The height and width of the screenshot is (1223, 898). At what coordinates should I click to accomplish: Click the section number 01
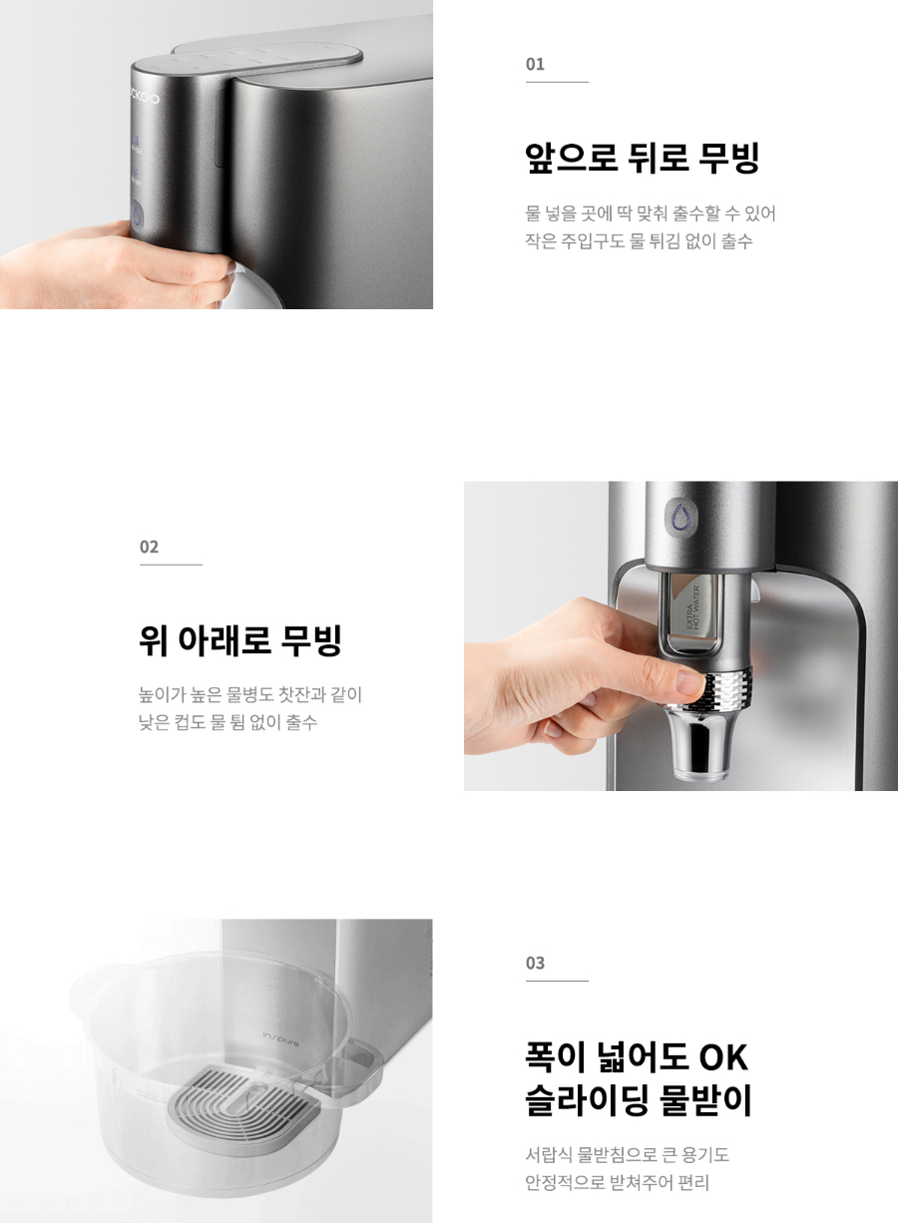pos(535,65)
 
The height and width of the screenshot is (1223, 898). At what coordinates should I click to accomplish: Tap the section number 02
pos(149,547)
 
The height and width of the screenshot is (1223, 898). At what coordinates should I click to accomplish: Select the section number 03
pos(535,963)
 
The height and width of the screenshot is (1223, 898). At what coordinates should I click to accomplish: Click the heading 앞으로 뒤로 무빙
pos(643,158)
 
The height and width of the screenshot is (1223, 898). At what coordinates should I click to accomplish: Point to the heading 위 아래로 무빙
pos(240,640)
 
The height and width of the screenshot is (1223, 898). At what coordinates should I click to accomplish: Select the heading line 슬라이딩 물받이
pos(639,1100)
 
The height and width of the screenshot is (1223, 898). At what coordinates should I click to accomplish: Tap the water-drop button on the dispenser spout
pos(681,516)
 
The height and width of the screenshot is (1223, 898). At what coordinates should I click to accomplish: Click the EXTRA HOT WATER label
pos(692,608)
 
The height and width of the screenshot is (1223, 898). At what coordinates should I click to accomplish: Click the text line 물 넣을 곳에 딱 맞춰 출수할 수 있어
pos(650,212)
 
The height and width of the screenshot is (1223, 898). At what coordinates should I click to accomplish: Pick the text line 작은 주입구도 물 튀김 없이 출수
pos(639,240)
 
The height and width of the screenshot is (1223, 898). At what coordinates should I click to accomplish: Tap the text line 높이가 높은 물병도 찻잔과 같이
pos(250,695)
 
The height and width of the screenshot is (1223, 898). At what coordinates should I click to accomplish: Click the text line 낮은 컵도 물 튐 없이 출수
pos(227,723)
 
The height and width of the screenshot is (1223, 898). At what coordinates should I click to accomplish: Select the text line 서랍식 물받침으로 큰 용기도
pos(627,1155)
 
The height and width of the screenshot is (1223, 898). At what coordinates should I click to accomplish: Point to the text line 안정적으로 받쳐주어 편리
pos(618,1183)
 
